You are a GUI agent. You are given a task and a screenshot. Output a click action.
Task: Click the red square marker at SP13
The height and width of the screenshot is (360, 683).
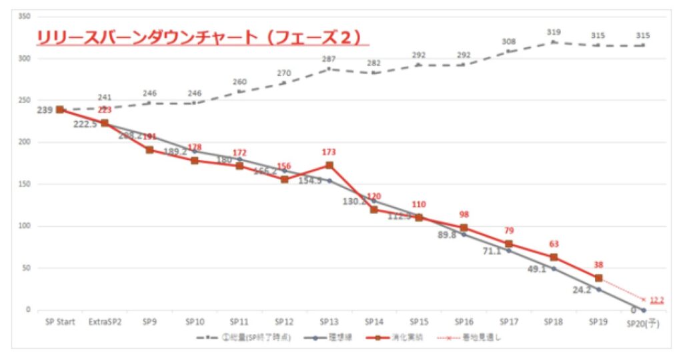pos(329,165)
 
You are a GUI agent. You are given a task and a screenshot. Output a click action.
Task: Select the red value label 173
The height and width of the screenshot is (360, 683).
pos(329,153)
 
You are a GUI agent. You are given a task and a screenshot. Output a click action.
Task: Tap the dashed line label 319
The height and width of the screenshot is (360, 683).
pos(554,32)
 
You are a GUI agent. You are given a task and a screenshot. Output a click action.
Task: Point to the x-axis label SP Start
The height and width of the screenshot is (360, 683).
pos(60,322)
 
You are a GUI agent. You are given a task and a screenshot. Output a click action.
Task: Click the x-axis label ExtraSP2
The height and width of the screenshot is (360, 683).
pos(104,322)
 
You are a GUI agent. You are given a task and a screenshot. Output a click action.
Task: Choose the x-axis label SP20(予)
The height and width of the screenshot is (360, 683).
pos(643,323)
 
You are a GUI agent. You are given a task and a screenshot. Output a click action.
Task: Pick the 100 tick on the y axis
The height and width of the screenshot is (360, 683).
pos(25,226)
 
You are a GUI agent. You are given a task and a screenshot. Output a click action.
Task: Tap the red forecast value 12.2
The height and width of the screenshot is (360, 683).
pos(656,301)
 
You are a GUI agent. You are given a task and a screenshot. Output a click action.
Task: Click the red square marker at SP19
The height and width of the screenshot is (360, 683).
pos(598,278)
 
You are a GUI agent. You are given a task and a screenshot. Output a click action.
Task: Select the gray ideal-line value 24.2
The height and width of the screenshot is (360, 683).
pos(582,291)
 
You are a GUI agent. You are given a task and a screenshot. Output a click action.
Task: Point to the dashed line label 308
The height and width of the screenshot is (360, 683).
pos(509,41)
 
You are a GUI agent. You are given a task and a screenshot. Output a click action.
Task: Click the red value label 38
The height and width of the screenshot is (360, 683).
pos(598,265)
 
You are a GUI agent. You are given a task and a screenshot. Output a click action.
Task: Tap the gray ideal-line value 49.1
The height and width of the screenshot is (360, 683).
pos(536,270)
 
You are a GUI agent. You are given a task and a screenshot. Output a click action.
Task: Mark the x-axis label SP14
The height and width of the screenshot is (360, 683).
pos(374,322)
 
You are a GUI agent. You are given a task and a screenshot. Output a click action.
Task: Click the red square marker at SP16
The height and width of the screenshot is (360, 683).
pos(464,228)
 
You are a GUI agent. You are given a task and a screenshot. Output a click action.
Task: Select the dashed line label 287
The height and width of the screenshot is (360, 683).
pos(329,59)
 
